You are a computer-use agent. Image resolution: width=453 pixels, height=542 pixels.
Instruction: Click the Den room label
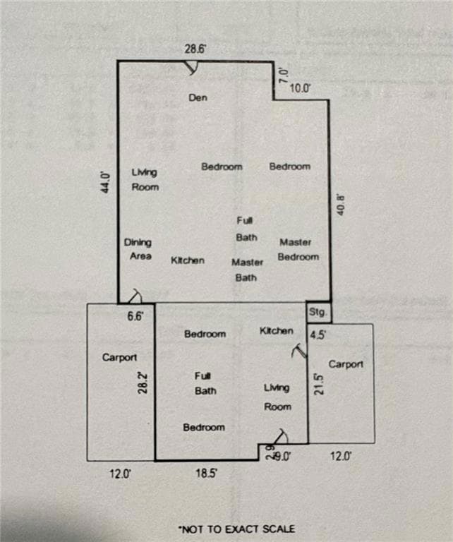[x=198, y=97]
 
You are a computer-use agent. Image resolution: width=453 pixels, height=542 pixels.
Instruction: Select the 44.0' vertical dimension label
[x=105, y=182]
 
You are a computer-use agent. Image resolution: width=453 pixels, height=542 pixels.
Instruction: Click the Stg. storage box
[x=317, y=311]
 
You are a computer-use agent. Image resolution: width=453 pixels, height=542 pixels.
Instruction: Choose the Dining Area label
[x=139, y=249]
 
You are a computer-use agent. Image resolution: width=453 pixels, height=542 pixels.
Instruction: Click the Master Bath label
[x=246, y=270]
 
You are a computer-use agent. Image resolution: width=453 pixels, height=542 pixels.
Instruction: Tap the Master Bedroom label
[x=297, y=249]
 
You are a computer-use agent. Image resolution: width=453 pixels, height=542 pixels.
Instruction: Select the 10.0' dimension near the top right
[x=300, y=89]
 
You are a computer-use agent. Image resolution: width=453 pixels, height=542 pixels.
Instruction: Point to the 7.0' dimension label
[x=283, y=73]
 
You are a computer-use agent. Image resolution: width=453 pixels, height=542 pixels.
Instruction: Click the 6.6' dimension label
[x=135, y=317]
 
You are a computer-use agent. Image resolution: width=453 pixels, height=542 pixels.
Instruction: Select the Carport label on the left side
[x=119, y=357]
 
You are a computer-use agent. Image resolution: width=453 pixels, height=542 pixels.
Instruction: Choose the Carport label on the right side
[x=346, y=364]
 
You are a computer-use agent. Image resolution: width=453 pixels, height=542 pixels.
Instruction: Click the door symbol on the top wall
[x=192, y=68]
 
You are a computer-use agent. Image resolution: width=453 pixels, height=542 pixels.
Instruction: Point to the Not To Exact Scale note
[x=236, y=528]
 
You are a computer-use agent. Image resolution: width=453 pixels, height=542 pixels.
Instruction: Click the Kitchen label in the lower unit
[x=276, y=330]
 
